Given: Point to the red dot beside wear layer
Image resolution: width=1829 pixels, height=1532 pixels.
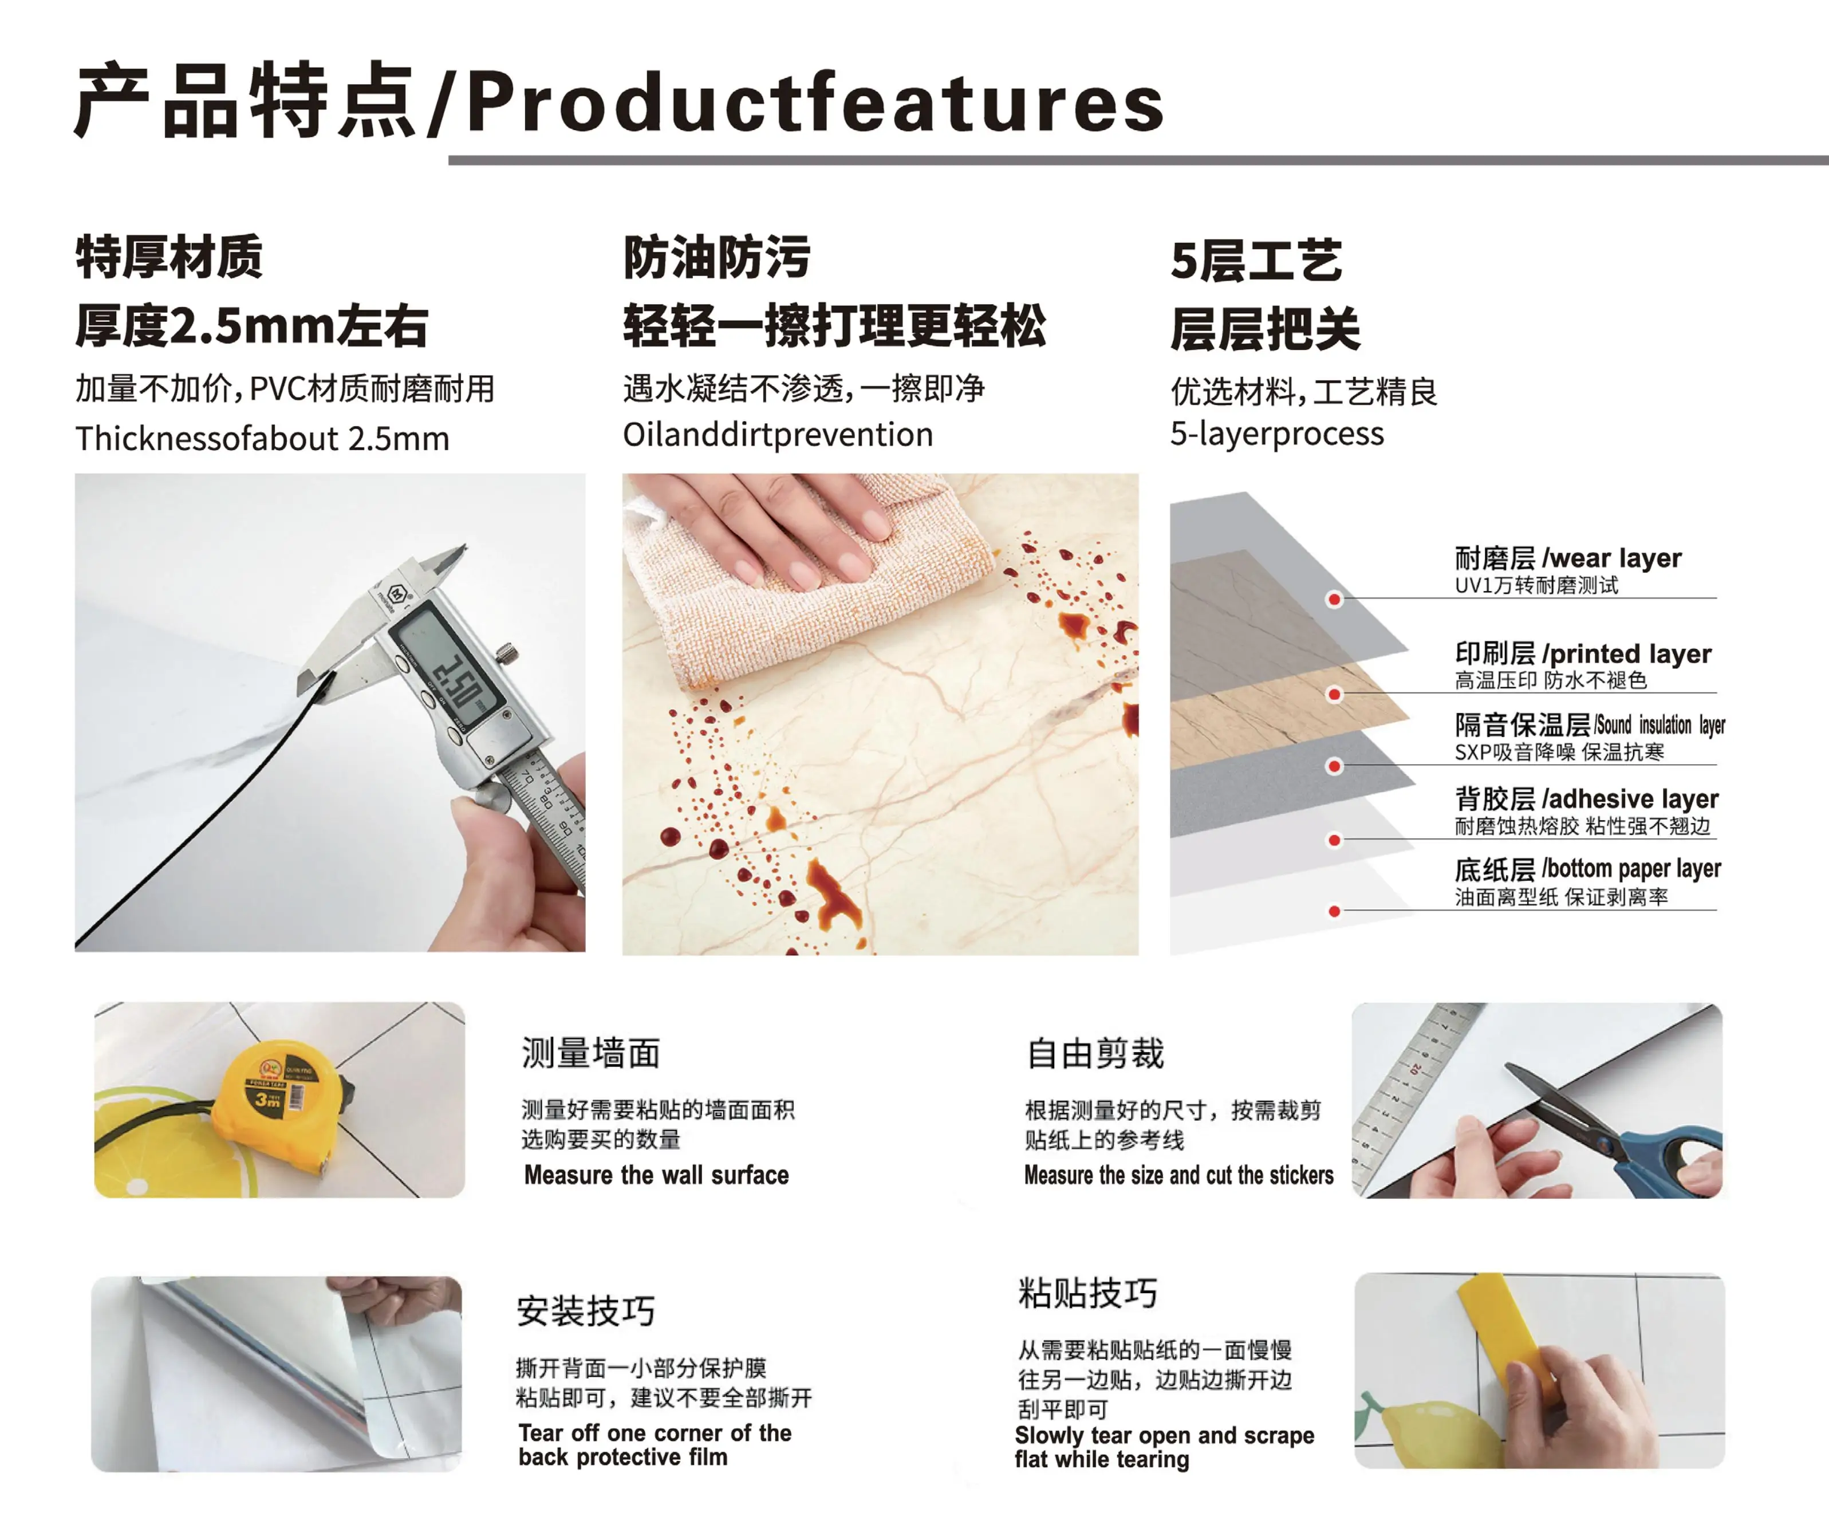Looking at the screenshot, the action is (x=1334, y=599).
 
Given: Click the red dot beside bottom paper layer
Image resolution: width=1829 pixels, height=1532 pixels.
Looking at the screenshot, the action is (x=1334, y=911).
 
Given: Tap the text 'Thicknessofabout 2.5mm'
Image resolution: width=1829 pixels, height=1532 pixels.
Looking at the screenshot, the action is (x=262, y=438).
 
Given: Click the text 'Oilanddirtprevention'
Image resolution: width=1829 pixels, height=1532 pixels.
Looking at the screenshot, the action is (x=778, y=434).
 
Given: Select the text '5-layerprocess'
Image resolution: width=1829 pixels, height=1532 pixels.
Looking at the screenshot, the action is (x=1277, y=433).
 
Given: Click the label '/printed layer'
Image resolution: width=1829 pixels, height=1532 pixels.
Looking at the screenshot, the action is (x=1626, y=653).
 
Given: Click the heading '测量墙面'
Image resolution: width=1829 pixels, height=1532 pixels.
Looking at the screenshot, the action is (x=590, y=1053).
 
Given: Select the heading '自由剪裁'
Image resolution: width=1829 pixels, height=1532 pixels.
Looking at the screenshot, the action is (x=1095, y=1053).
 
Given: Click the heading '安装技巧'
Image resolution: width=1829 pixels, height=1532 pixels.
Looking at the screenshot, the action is (x=585, y=1310).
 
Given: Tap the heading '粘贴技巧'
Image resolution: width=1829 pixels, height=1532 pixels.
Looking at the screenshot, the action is (x=1088, y=1293).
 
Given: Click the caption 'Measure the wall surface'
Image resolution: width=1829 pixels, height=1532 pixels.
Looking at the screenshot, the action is (x=657, y=1175).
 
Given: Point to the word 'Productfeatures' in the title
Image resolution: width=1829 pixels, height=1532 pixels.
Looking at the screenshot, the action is (x=815, y=103).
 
